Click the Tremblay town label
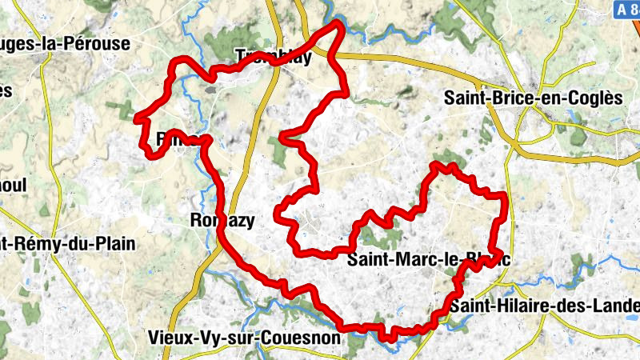click(x=273, y=56)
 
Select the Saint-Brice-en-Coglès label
click(x=532, y=98)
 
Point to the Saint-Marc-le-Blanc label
click(x=428, y=259)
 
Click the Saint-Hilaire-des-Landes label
click(x=544, y=306)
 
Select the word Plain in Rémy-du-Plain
click(x=112, y=243)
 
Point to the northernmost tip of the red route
click(x=338, y=23)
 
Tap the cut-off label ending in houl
click(x=14, y=186)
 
